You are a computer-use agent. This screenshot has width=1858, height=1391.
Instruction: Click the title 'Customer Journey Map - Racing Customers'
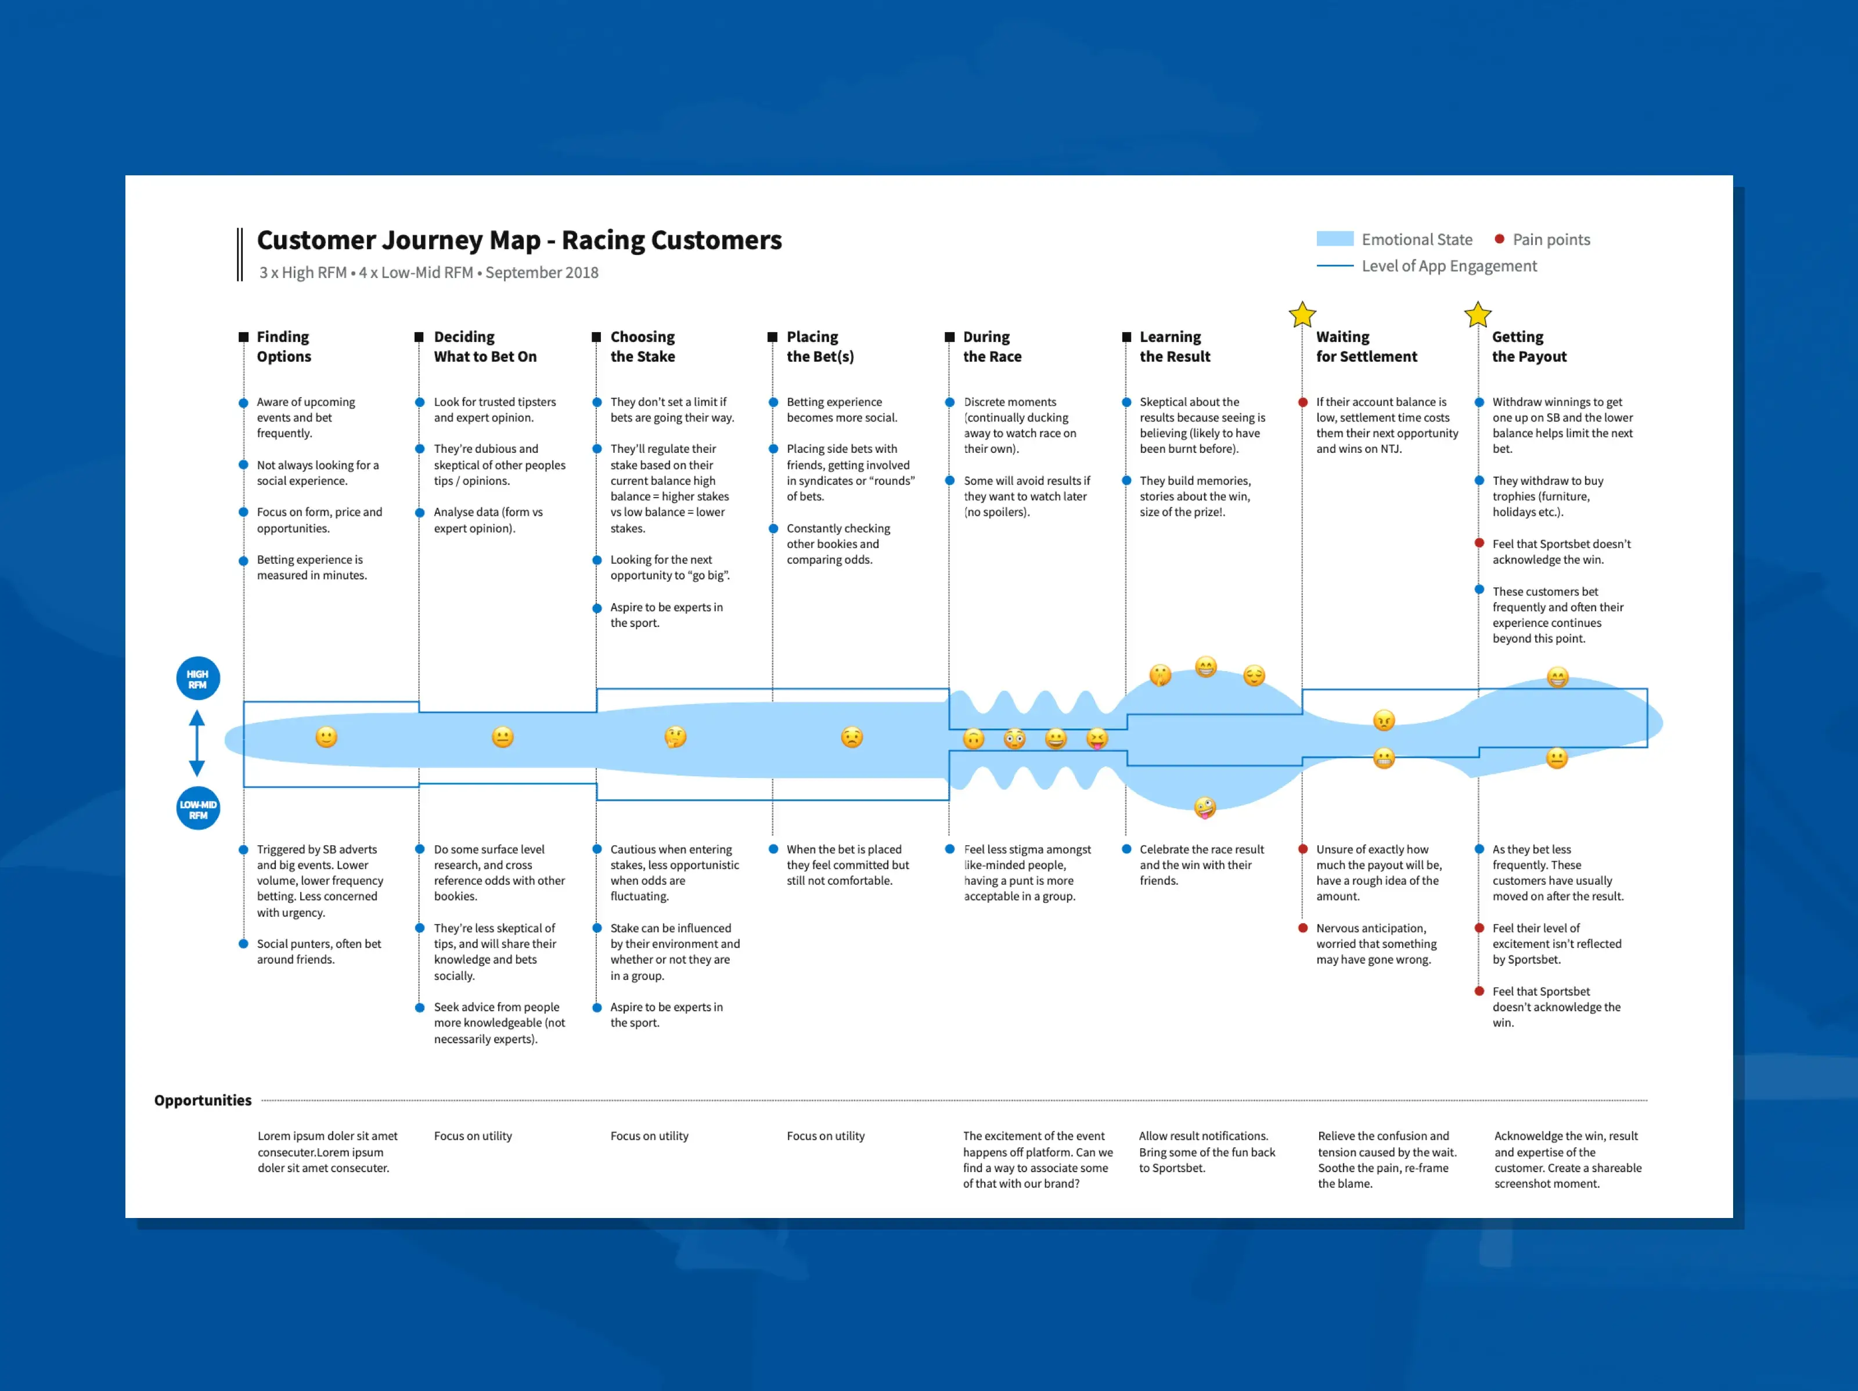[x=519, y=240]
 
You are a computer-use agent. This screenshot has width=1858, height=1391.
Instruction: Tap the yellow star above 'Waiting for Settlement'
[x=1302, y=315]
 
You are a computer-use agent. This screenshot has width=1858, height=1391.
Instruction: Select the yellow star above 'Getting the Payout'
[x=1478, y=315]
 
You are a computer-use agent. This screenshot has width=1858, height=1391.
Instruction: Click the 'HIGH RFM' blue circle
[x=197, y=679]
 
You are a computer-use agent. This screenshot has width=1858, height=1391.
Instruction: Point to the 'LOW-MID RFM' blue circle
[x=198, y=809]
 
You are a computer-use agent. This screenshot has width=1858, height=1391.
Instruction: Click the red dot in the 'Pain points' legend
[x=1499, y=239]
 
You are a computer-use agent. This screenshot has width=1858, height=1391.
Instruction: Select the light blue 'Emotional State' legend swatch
[x=1335, y=239]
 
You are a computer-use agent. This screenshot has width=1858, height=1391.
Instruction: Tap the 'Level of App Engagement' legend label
[x=1449, y=266]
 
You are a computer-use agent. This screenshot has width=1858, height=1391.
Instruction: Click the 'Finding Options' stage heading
[x=284, y=346]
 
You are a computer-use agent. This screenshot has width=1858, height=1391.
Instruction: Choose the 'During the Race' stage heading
[x=992, y=346]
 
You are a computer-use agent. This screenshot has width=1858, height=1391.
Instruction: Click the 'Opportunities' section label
[x=203, y=1100]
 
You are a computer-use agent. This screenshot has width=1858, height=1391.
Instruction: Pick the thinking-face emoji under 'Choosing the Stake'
[x=675, y=737]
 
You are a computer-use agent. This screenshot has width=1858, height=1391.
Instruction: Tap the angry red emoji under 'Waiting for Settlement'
[x=1384, y=720]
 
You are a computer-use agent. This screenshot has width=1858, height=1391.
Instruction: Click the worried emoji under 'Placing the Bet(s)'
[x=852, y=737]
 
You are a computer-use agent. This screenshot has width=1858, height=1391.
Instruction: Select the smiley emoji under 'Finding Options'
[x=326, y=737]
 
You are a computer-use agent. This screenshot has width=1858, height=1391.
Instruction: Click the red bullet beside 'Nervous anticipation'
[x=1303, y=928]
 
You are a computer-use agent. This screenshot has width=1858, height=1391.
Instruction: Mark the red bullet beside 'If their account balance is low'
[x=1303, y=402]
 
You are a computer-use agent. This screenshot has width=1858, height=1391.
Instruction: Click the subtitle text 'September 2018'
[x=542, y=273]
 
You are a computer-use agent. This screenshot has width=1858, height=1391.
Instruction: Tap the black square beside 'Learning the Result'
[x=1126, y=337]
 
